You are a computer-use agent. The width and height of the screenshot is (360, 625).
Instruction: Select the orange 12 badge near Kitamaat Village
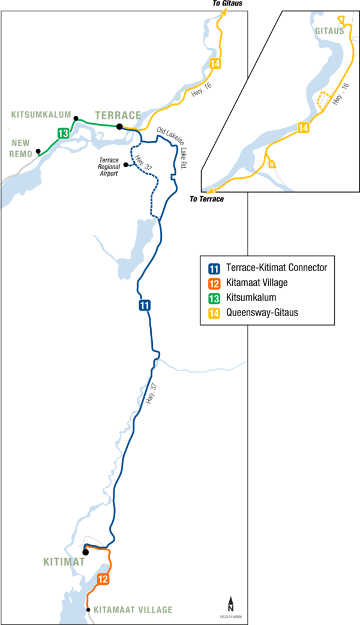(x=103, y=579)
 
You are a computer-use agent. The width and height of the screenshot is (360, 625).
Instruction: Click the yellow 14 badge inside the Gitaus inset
(x=304, y=128)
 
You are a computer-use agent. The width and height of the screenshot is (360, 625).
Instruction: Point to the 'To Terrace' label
(x=206, y=199)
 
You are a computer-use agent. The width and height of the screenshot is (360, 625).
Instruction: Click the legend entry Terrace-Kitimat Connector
(x=277, y=268)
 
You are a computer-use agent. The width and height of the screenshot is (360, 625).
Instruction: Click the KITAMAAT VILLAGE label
(x=133, y=610)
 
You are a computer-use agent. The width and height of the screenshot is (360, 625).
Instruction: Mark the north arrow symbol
(x=230, y=603)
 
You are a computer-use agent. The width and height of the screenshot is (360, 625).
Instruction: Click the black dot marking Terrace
(x=119, y=127)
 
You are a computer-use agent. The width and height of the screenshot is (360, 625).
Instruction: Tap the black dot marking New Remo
(x=38, y=151)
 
